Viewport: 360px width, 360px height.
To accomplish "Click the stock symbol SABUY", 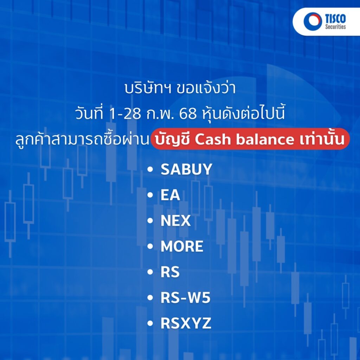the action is (x=186, y=169).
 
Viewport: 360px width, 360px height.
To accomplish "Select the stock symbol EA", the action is (x=170, y=195).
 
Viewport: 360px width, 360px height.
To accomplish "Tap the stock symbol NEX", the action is (x=176, y=221).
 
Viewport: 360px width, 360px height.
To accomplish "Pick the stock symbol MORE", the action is (x=182, y=246).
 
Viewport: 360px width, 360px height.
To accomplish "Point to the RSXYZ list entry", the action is (x=186, y=323).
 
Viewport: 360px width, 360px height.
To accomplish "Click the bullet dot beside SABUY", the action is (x=150, y=169).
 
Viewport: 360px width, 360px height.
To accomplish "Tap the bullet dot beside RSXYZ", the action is (x=150, y=323).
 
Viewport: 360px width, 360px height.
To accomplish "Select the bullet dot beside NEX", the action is (x=150, y=221).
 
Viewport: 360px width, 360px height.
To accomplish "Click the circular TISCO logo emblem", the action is (x=313, y=21).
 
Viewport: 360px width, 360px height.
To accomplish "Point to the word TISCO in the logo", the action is (x=335, y=18).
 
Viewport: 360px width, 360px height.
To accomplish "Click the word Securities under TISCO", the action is (x=335, y=27).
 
